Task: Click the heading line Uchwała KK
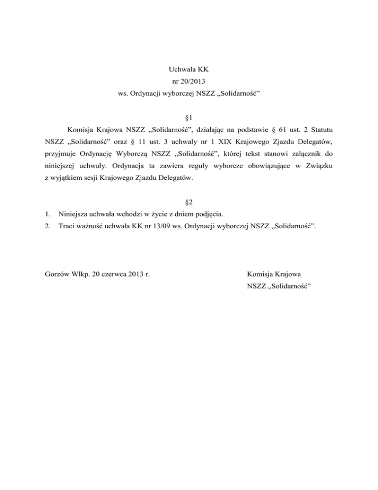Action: [x=189, y=70]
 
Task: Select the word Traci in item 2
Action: [x=67, y=227]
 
